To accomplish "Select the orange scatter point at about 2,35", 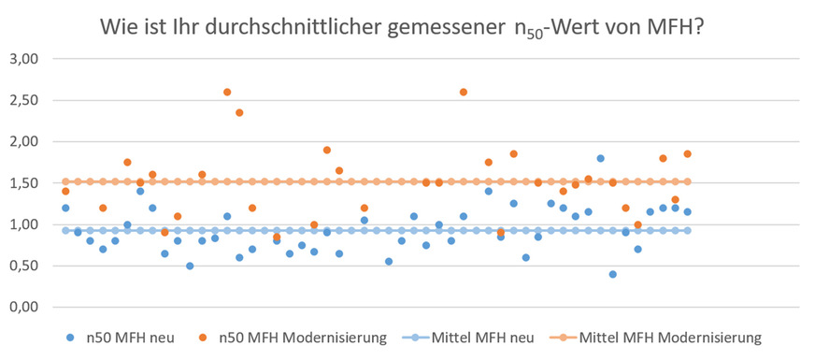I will [x=239, y=112].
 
